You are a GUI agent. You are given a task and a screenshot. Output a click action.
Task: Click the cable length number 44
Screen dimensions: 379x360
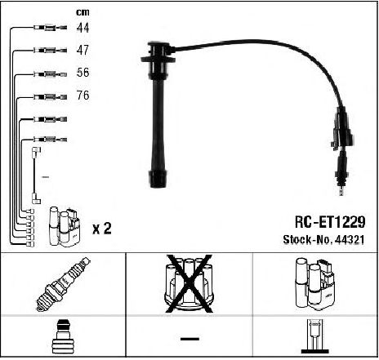click(82, 28)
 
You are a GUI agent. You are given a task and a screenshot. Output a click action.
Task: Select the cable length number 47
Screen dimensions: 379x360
click(82, 50)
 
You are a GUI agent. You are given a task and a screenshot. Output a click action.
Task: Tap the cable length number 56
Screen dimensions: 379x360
click(82, 73)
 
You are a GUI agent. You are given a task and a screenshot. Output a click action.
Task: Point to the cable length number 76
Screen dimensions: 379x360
click(82, 95)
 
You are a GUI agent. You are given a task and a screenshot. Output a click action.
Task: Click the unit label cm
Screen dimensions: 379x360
click(82, 12)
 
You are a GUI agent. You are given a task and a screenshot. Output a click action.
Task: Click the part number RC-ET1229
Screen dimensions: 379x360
click(330, 222)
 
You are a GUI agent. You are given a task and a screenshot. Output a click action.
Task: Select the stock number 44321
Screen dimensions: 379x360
click(350, 239)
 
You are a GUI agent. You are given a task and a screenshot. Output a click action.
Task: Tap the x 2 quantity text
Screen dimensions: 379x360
click(102, 229)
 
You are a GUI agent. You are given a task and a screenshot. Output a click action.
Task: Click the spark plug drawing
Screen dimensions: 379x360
click(64, 284)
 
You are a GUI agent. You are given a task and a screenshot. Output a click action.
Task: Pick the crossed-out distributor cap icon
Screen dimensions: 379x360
click(189, 283)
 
